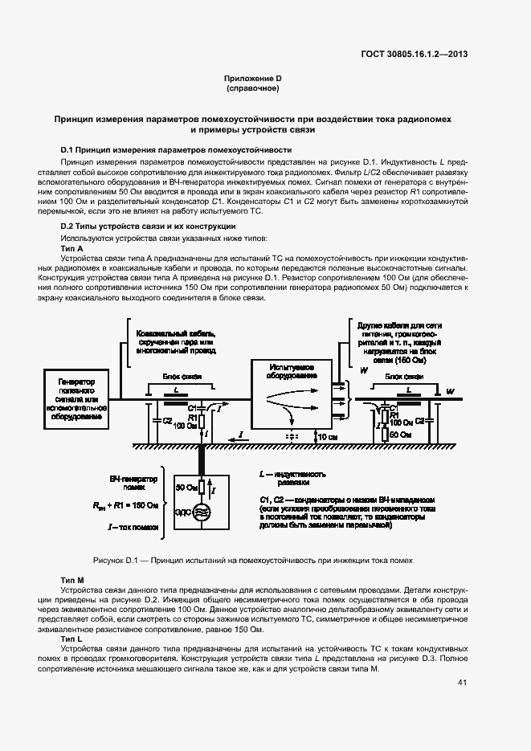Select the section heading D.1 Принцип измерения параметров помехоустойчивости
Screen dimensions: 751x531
click(176, 150)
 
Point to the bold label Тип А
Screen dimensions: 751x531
click(72, 248)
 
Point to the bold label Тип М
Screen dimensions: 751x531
click(72, 579)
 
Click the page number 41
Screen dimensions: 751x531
click(462, 682)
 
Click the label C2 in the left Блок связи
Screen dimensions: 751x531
click(166, 419)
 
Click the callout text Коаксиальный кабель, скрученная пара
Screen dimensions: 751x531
click(176, 341)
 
